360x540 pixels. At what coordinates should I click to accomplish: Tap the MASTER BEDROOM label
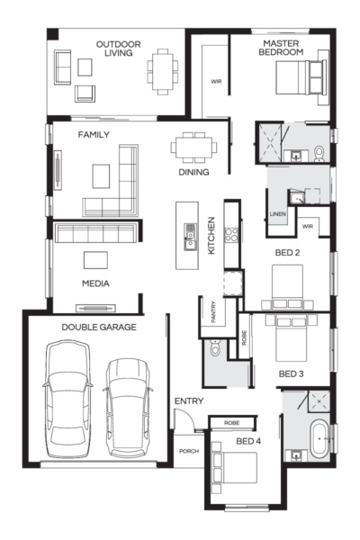tap(282, 48)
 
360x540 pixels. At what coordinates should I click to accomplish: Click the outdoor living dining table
tap(163, 68)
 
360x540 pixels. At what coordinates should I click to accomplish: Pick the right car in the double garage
tap(127, 400)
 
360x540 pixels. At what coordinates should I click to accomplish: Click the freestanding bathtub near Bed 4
tap(319, 440)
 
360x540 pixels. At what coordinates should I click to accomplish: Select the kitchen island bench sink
tap(190, 238)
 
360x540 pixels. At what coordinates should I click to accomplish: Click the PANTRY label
tap(213, 312)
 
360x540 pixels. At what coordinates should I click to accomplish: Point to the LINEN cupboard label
tap(276, 214)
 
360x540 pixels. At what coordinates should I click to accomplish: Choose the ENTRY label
tap(189, 400)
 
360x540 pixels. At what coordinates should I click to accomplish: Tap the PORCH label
tap(188, 451)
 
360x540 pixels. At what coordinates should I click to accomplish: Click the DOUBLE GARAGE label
tap(100, 328)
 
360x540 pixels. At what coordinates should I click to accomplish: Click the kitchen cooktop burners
tap(230, 237)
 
